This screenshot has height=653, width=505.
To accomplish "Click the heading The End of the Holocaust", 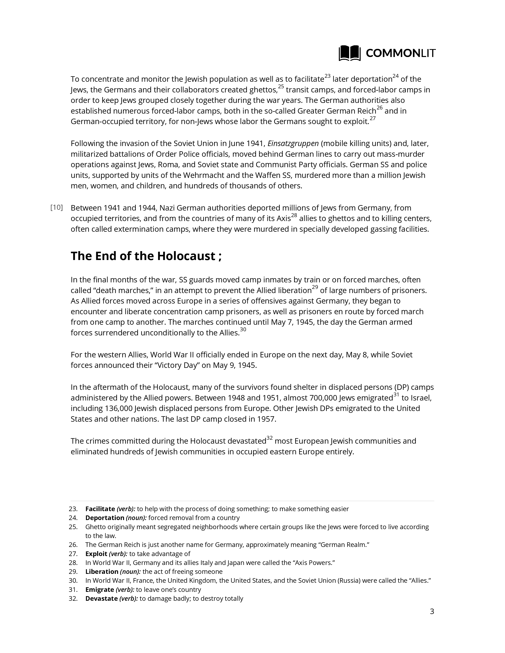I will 146,256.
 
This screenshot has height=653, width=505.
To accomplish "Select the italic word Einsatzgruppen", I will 293,143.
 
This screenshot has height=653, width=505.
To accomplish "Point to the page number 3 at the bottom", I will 432,611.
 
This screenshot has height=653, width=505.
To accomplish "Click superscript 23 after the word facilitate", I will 327,76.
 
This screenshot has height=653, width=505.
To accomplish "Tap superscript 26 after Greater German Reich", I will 379,108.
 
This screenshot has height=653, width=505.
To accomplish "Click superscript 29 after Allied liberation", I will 315,288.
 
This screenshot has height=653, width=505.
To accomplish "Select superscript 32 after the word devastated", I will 270,438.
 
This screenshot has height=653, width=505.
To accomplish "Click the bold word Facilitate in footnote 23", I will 100,509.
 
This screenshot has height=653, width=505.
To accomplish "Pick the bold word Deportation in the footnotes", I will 105,518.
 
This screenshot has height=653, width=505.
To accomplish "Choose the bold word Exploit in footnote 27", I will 96,554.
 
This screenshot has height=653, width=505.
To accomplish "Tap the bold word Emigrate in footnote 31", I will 100,590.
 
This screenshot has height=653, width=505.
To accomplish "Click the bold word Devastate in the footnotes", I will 101,599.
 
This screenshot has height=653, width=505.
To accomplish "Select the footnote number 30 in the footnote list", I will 73,581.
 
